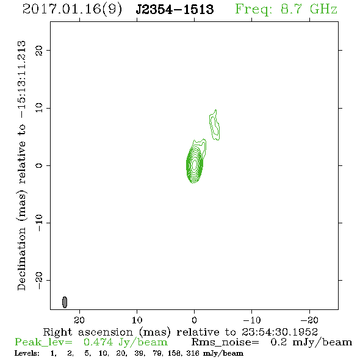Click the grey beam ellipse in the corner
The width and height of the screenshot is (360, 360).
pos(65,302)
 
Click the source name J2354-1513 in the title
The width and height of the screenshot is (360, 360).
pos(175,9)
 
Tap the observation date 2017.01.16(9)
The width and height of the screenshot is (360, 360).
pos(72,10)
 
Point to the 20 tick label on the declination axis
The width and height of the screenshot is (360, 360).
pos(39,50)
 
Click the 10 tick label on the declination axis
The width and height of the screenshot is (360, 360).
pos(39,107)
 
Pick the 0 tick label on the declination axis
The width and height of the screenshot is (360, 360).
pos(39,165)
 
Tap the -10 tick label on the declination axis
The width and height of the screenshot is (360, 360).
pos(39,223)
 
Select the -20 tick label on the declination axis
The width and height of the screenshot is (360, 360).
pos(39,281)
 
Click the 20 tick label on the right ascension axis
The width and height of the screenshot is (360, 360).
pos(79,320)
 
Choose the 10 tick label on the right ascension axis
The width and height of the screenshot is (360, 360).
pos(137,320)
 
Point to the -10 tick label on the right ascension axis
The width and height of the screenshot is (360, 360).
pos(252,320)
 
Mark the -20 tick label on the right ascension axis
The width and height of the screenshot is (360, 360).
pos(309,320)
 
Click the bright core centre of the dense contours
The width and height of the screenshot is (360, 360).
pos(195,164)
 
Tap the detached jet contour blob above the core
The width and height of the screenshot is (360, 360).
pos(214,125)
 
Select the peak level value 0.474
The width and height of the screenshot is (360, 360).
pos(98,342)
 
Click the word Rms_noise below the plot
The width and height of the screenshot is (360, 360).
pos(225,342)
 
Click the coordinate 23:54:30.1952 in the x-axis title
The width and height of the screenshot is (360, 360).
pos(279,332)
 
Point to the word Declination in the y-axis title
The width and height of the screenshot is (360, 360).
pos(21,259)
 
